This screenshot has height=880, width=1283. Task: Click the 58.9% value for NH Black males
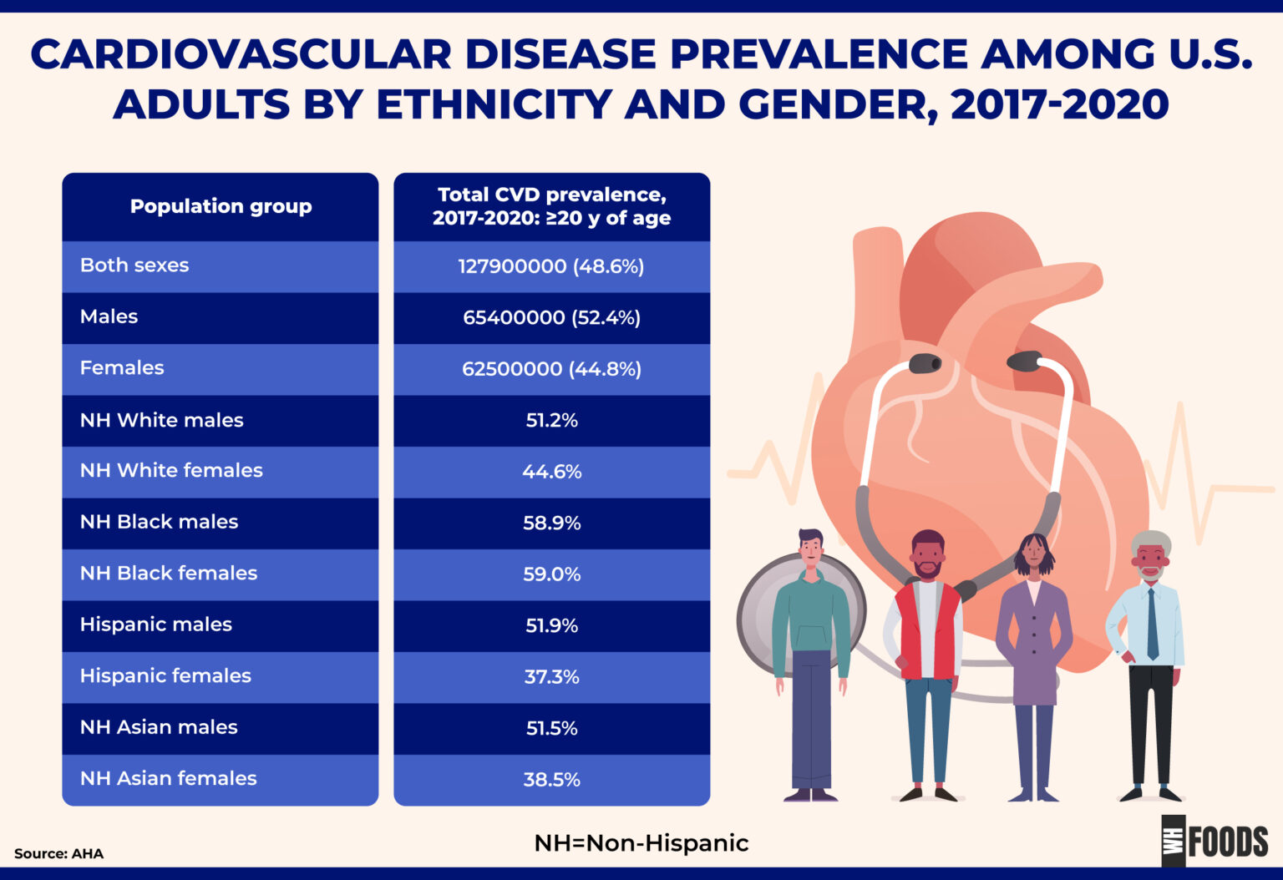[551, 523]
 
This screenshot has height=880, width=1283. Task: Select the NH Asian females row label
[168, 778]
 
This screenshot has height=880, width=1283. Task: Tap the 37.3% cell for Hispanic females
[551, 676]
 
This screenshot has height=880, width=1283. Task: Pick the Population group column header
[221, 206]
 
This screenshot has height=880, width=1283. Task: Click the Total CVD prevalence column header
[551, 206]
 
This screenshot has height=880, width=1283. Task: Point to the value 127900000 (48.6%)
[551, 266]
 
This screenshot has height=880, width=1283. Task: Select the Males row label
[109, 316]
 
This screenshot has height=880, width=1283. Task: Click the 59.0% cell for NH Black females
[551, 574]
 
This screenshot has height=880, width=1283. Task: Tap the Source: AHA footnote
[58, 853]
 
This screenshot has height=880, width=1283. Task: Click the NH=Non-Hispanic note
[641, 843]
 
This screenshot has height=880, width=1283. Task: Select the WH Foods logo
[1215, 841]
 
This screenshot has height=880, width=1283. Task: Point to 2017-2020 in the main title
[1059, 105]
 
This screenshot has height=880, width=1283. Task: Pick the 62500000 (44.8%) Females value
[551, 369]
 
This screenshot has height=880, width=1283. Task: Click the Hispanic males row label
[155, 625]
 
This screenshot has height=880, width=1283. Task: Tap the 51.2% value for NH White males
[551, 420]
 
